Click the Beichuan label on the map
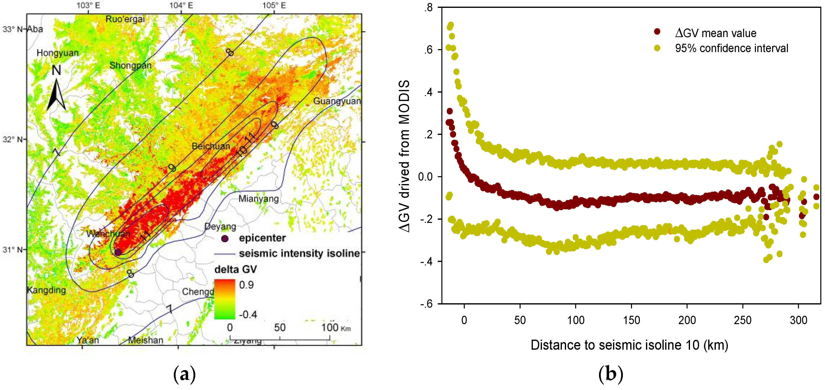click(211, 146)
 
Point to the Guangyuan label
click(337, 101)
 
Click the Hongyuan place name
click(58, 53)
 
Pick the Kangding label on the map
click(46, 290)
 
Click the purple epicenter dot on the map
click(118, 252)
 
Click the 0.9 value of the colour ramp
click(246, 285)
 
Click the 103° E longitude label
click(88, 5)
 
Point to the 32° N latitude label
click(12, 140)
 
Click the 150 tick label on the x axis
click(631, 320)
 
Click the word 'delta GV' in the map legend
click(235, 269)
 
